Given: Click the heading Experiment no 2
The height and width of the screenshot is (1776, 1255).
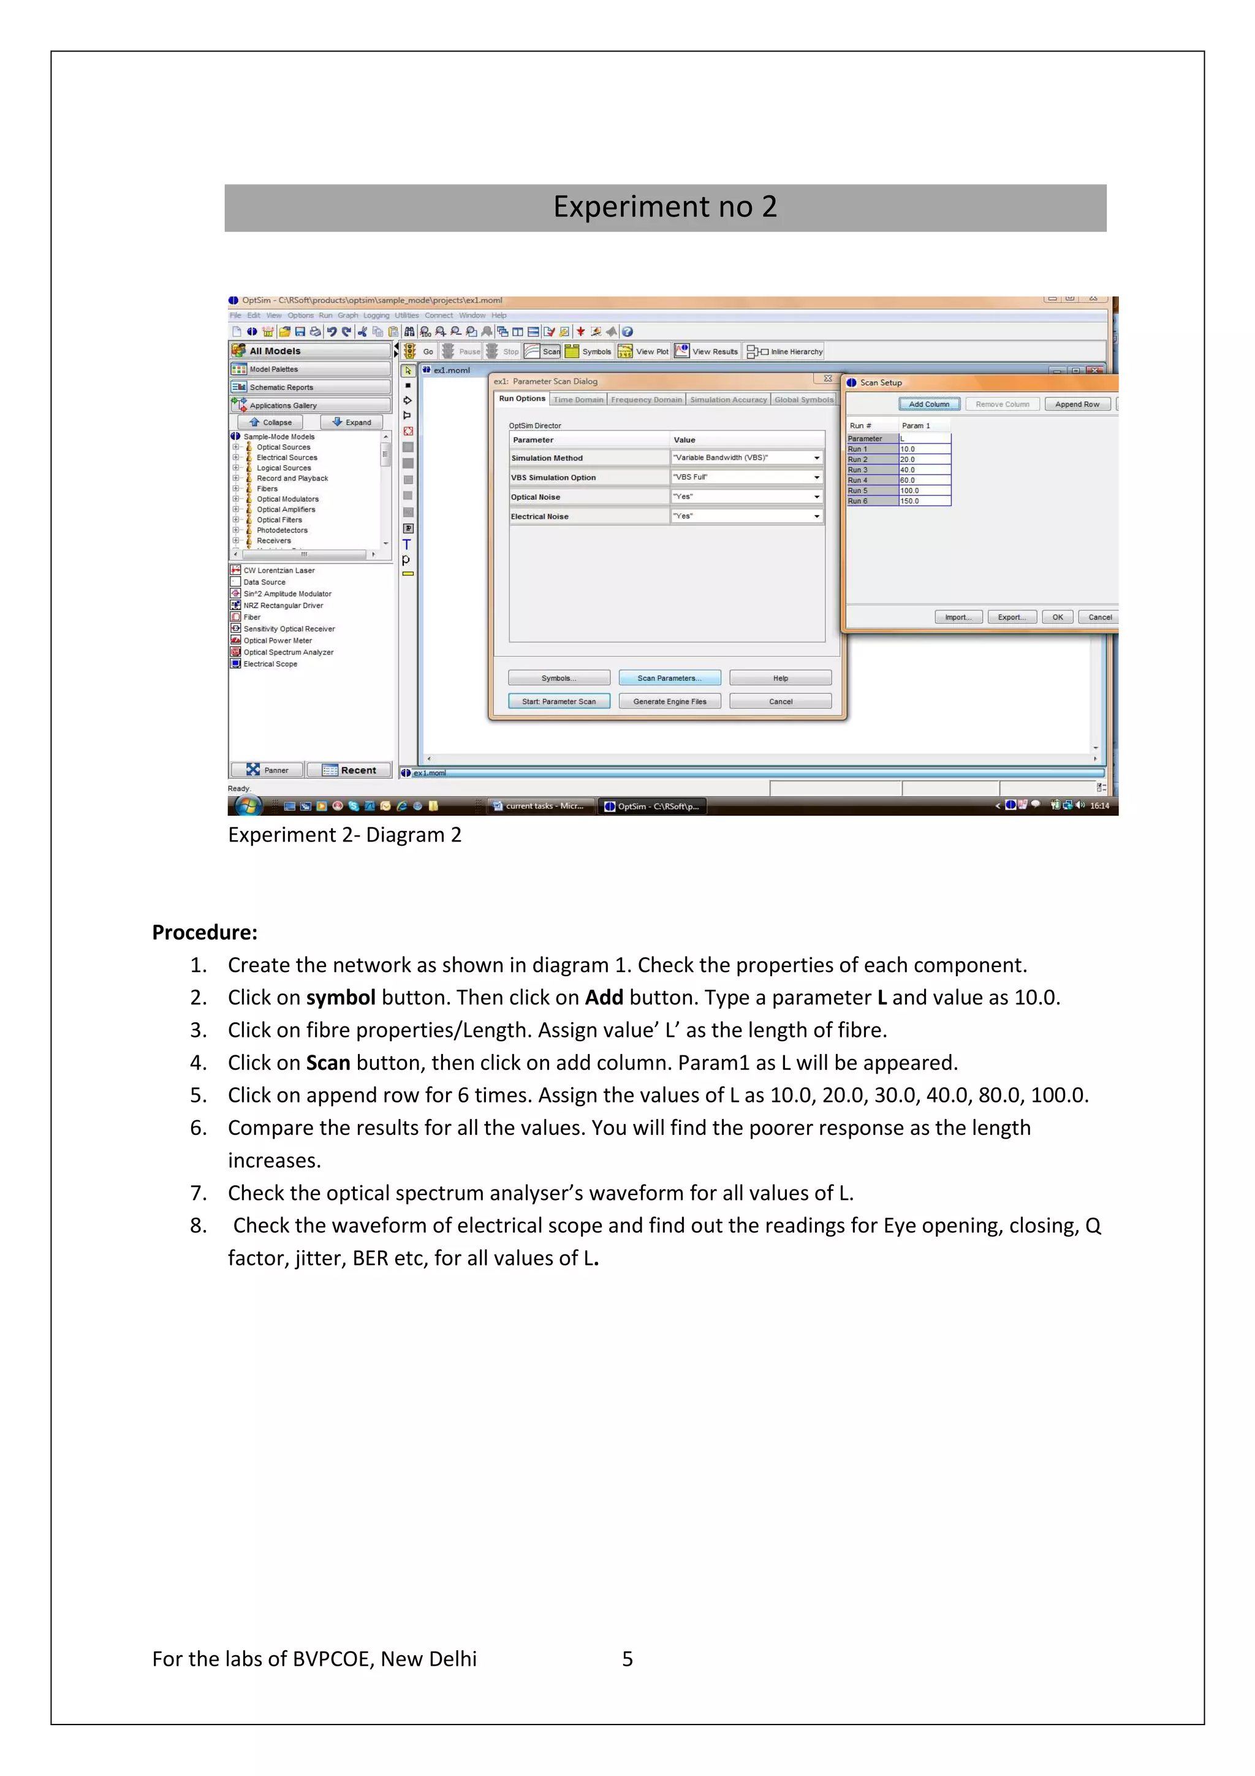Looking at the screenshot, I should click(665, 207).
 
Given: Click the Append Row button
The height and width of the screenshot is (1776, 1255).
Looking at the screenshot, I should click(1077, 404).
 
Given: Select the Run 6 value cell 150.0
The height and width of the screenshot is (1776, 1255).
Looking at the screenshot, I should click(924, 501).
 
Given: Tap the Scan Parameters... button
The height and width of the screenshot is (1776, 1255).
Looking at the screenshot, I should click(669, 678).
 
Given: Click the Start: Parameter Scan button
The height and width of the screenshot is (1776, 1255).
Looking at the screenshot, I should click(558, 702).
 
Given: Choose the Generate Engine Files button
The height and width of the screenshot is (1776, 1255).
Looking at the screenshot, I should click(669, 702).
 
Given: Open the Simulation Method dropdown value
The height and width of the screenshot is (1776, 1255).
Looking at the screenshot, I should click(746, 458).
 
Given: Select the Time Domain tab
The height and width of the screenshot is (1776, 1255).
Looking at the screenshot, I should click(578, 400).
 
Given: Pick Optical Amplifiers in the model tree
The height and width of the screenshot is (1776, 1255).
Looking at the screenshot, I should click(286, 510).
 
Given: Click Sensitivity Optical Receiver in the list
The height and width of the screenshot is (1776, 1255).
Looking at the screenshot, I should click(289, 629).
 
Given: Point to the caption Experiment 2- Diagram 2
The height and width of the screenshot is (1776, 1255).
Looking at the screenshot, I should click(344, 835).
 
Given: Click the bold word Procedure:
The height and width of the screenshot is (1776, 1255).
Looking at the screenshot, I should click(204, 932).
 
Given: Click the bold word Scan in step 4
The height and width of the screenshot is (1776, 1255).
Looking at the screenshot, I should click(328, 1063).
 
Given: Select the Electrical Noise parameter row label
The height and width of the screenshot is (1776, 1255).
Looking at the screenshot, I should click(539, 517).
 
